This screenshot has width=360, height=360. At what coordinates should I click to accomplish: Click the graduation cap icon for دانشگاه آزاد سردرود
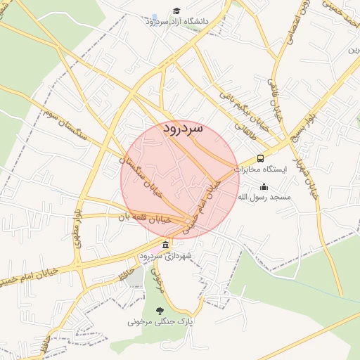(176, 11)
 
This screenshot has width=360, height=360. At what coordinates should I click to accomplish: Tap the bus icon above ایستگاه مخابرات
(260, 158)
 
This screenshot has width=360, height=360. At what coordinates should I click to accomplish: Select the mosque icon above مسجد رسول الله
(264, 186)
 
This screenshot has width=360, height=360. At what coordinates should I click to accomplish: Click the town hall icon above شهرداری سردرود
(165, 245)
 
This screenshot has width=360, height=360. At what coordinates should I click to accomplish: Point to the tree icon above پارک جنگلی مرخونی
(160, 311)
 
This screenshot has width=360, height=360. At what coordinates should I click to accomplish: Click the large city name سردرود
(183, 129)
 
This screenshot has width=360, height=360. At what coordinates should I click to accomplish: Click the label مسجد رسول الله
(264, 198)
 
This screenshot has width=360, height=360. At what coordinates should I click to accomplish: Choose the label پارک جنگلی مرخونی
(159, 321)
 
